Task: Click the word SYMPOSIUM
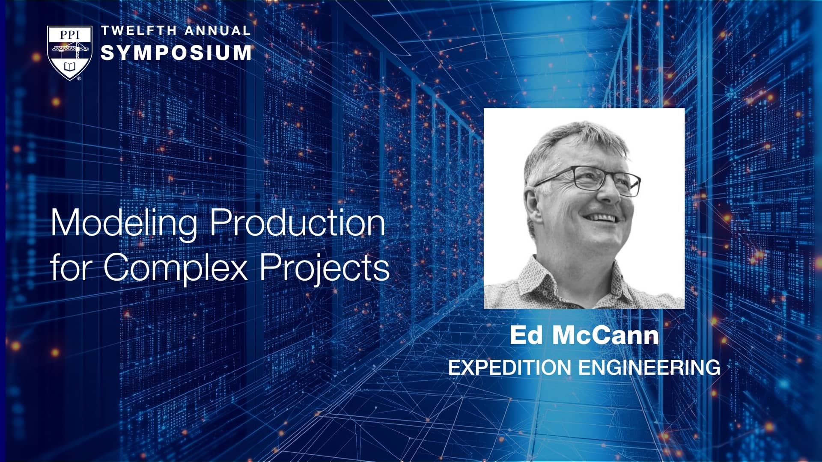point(176,53)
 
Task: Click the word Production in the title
point(298,222)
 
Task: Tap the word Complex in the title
point(175,268)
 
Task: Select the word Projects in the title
point(325,268)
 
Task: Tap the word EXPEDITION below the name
point(509,367)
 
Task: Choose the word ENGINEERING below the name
point(649,367)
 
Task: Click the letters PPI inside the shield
point(70,35)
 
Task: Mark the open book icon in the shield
point(70,67)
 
